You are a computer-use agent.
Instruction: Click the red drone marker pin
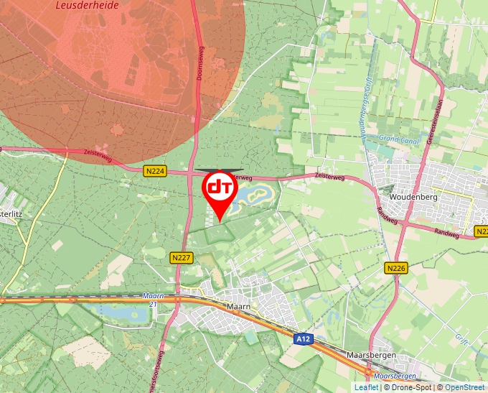[x=220, y=190]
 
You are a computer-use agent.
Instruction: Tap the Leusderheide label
[x=83, y=5]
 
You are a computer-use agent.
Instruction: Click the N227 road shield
[x=182, y=256]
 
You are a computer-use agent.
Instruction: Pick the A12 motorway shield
[x=304, y=337]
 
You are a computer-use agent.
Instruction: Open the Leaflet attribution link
[x=366, y=387]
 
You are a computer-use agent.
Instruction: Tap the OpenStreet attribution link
[x=466, y=387]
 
